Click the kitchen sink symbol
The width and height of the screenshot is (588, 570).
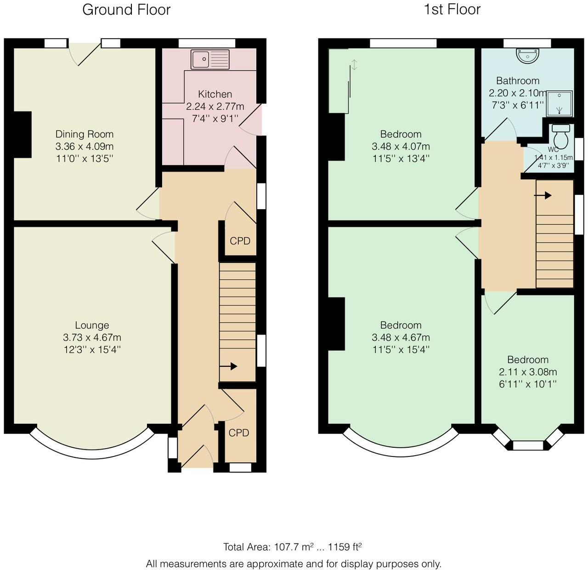(210, 59)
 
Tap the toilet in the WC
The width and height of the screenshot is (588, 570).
(561, 137)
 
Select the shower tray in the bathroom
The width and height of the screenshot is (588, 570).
(560, 104)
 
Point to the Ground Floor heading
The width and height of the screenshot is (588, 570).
(126, 10)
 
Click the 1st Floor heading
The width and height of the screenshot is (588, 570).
(452, 10)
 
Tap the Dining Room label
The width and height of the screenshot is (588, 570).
(85, 134)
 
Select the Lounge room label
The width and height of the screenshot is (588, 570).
(92, 325)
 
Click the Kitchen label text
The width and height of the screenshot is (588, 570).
(215, 94)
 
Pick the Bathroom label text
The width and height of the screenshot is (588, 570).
(518, 81)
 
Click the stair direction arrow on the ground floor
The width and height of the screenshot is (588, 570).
(228, 366)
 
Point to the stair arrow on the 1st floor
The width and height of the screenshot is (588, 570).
(543, 195)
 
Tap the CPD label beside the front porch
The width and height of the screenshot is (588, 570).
(239, 433)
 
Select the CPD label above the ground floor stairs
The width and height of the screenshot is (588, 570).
(240, 241)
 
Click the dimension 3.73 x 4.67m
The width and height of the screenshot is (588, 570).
(92, 337)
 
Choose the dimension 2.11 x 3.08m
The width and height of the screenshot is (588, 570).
(528, 371)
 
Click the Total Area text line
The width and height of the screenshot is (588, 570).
(293, 547)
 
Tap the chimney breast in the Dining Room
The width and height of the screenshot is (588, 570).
(23, 135)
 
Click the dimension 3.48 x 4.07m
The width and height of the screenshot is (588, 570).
(401, 146)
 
